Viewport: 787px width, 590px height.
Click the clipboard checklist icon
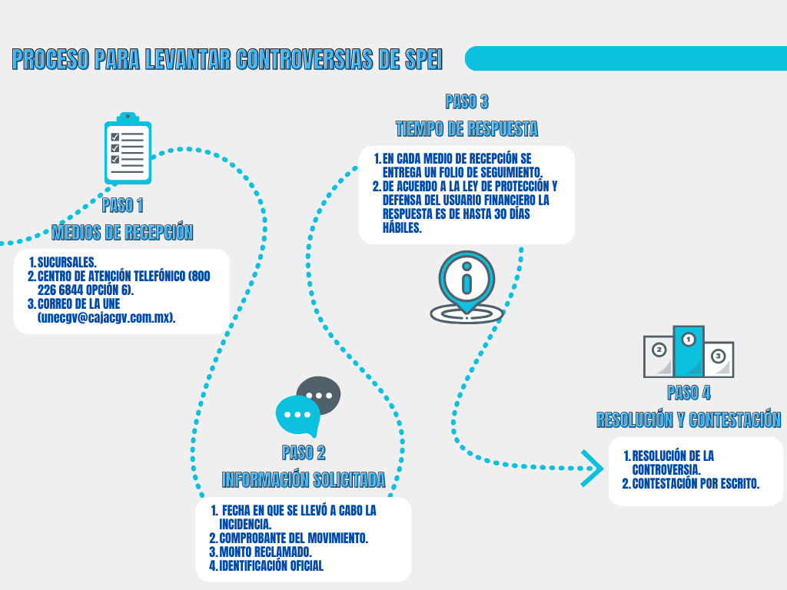[128, 149]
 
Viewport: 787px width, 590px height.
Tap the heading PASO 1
[122, 205]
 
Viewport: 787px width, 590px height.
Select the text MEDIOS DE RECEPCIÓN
[122, 232]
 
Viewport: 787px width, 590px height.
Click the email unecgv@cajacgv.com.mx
[106, 317]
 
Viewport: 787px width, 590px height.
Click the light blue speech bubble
[297, 415]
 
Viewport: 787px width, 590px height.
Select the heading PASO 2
[304, 452]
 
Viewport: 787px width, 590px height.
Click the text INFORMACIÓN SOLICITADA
[304, 480]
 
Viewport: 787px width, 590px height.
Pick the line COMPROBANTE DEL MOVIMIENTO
[293, 539]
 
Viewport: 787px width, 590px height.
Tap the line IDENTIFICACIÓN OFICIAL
[271, 566]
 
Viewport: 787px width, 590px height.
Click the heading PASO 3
[467, 101]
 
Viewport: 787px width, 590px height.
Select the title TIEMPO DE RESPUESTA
[467, 128]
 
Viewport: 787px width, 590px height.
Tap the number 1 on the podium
[689, 338]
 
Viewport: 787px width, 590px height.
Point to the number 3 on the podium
[718, 356]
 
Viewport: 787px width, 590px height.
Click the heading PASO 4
[689, 393]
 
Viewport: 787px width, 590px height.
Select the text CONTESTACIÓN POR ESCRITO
[696, 483]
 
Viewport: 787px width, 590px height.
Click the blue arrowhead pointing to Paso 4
[592, 468]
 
